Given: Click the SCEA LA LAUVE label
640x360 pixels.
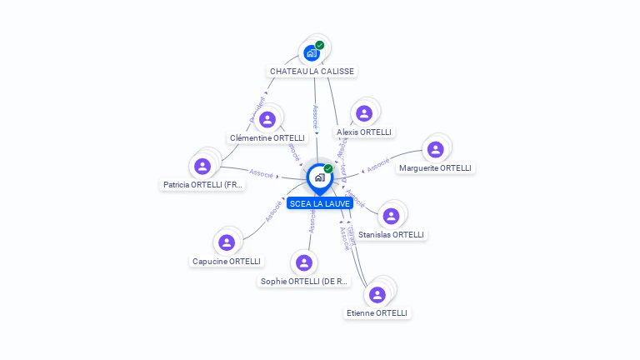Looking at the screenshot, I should click(x=320, y=203).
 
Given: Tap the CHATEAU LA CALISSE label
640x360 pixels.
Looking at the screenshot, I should click(x=312, y=72).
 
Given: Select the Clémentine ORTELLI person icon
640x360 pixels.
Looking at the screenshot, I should click(x=267, y=119).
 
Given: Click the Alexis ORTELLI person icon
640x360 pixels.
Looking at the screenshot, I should click(x=363, y=113).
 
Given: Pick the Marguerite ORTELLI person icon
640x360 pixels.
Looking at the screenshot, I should click(x=435, y=150).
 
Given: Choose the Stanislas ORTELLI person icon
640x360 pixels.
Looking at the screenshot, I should click(x=391, y=217).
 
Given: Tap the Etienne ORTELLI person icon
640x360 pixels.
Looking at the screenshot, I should click(x=377, y=294).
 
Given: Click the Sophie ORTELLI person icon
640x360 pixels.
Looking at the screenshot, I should click(x=304, y=263).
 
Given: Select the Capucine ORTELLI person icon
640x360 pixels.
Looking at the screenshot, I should click(x=226, y=243).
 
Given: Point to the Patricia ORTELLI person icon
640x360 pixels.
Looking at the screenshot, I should click(x=202, y=166).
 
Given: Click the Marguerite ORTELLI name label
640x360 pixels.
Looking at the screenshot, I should click(x=435, y=168).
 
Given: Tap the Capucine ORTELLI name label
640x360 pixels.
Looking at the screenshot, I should click(x=227, y=262).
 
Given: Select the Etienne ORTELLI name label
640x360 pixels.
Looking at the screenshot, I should click(x=377, y=313).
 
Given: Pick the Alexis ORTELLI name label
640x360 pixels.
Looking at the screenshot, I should click(x=363, y=132).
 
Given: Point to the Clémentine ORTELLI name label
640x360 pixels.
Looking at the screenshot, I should click(x=267, y=137).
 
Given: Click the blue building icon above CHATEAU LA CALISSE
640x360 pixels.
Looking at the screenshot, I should click(x=311, y=52).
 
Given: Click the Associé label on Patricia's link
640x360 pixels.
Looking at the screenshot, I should click(x=262, y=173).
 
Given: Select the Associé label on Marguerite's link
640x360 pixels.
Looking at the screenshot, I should click(x=377, y=165).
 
